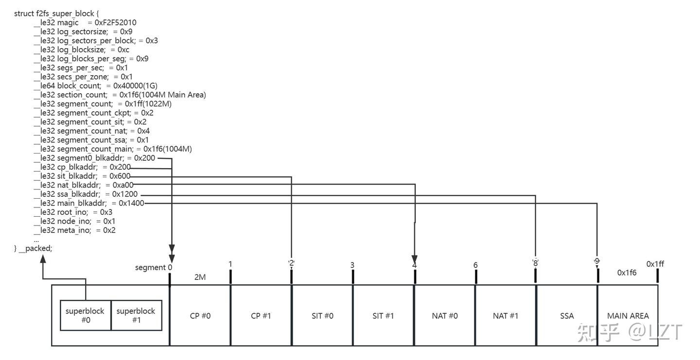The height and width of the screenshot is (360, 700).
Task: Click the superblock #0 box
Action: tap(85, 315)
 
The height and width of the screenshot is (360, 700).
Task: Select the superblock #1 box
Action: tap(136, 315)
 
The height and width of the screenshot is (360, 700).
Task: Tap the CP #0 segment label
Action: tap(200, 316)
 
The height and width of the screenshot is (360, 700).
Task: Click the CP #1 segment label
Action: tap(261, 316)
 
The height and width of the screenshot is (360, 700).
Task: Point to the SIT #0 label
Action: tap(322, 316)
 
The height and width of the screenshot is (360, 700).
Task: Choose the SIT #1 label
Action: tap(383, 316)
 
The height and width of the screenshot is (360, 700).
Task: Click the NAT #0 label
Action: tap(445, 316)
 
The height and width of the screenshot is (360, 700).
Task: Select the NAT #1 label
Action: tap(506, 316)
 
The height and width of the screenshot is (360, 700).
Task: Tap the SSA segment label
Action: tap(567, 316)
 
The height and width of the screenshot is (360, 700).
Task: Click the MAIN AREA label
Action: tap(628, 316)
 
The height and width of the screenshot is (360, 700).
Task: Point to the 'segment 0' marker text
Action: tap(154, 267)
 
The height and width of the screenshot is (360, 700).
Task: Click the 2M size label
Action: tap(200, 277)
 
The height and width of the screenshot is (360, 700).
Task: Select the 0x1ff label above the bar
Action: tap(655, 264)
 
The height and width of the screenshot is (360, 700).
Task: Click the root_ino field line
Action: tap(73, 212)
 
